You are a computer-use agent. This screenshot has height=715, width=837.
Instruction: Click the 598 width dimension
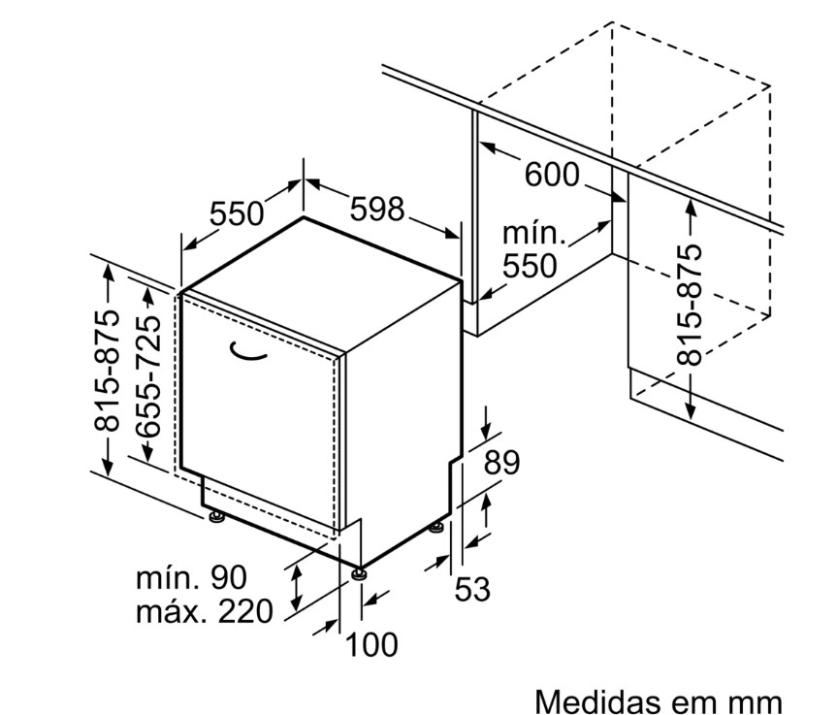377,209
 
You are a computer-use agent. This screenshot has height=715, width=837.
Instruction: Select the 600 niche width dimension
552,174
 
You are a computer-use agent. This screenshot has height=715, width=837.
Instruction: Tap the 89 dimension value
501,463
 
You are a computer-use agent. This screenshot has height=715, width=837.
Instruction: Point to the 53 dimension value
472,589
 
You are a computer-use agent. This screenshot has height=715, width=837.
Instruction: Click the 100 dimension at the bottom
372,644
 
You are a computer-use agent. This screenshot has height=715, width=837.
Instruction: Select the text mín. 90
192,577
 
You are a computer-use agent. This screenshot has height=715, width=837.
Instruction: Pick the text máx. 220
205,611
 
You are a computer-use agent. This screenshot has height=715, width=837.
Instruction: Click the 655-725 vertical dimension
147,376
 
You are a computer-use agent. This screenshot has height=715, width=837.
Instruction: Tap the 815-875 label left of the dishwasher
107,371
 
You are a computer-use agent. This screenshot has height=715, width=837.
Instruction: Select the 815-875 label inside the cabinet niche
689,305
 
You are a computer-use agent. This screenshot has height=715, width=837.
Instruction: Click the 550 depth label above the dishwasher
236,213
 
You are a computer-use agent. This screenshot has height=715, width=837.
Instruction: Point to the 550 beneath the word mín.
530,266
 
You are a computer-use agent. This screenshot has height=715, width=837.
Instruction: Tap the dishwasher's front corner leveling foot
358,573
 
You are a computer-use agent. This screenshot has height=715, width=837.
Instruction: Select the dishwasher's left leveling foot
215,516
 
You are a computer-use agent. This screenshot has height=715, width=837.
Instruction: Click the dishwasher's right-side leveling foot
437,528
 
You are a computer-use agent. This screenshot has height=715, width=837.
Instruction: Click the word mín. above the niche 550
533,233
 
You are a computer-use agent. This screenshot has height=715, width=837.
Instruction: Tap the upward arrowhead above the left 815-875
108,272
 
